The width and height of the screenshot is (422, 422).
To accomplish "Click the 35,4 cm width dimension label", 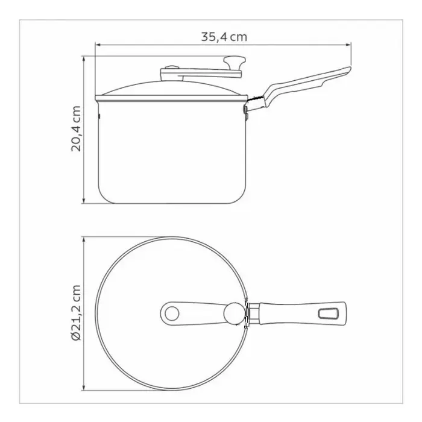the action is (x=224, y=37).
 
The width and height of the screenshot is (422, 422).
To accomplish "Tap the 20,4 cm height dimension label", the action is (x=76, y=128).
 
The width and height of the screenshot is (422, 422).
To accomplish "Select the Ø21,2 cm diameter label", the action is (x=76, y=313).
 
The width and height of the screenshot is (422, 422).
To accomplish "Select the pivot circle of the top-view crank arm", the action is (x=172, y=313).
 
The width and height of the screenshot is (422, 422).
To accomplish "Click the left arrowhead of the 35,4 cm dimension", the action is (x=98, y=45).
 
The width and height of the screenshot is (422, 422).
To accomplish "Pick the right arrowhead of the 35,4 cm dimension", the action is (x=349, y=45).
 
